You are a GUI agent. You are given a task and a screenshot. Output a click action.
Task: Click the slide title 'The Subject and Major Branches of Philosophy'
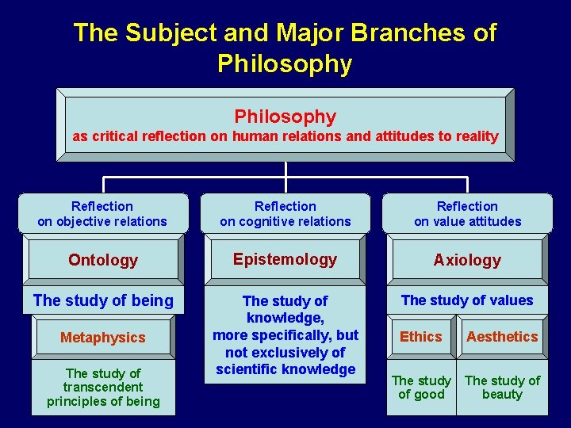coord(285,48)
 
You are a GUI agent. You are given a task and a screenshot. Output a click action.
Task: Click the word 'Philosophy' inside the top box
coord(285,117)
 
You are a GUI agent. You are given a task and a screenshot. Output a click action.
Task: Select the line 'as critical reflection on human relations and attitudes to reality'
coord(285,136)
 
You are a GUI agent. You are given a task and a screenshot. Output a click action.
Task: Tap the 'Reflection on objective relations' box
coord(103,214)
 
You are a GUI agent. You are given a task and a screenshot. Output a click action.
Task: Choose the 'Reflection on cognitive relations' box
coord(285,214)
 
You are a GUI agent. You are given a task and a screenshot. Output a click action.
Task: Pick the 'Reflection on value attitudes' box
coord(468,214)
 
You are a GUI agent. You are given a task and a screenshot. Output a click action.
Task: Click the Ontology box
coord(103,260)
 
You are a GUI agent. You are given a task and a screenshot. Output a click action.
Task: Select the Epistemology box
coord(285,259)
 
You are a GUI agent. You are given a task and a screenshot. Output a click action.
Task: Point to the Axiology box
coord(468,260)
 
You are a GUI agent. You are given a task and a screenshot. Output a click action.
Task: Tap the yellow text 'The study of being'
coord(103,300)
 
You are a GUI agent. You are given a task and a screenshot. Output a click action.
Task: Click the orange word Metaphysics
coord(103,338)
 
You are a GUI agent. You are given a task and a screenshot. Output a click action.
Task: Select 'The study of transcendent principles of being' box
coord(103,387)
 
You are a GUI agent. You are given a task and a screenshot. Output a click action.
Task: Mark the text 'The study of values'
coord(467,300)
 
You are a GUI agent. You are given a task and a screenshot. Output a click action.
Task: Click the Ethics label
coord(421,337)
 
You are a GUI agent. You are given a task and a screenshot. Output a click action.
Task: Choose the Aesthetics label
coord(502,337)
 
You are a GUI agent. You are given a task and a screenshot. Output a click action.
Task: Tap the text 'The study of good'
coord(421,387)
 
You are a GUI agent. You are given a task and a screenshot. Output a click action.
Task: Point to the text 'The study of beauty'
coord(502,387)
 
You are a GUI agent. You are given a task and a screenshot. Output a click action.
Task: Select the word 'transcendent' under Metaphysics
coord(103,387)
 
